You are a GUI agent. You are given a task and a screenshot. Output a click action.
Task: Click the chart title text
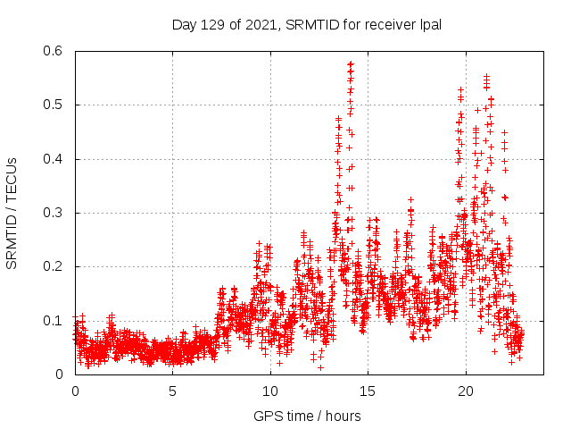tap(307, 24)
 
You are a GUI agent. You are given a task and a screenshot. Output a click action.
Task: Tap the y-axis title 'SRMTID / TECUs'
tap(12, 214)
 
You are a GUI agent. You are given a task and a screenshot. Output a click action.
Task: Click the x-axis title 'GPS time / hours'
tap(307, 416)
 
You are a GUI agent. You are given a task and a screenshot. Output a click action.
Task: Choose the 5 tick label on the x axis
tap(173, 391)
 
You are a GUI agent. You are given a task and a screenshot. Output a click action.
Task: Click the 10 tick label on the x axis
tap(270, 391)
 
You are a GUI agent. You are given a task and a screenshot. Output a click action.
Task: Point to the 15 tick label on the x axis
tap(368, 391)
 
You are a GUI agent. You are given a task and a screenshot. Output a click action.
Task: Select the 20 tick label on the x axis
tap(466, 391)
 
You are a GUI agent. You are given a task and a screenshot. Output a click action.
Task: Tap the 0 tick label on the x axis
tap(75, 391)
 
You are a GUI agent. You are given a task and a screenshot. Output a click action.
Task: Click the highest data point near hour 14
tap(351, 63)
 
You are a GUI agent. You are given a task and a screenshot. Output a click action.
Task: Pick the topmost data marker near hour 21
tap(486, 76)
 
